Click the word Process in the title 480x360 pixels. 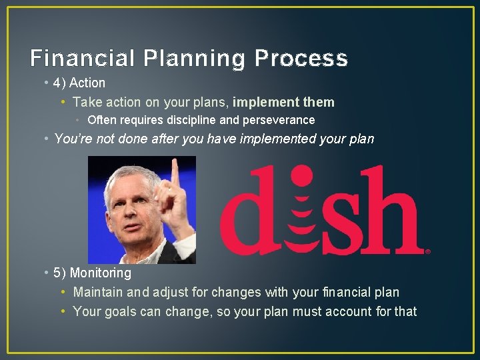pyautogui.click(x=301, y=59)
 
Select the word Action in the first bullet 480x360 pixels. pyautogui.click(x=87, y=83)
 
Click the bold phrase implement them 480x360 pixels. pyautogui.click(x=283, y=102)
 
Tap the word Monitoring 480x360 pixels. pyautogui.click(x=101, y=273)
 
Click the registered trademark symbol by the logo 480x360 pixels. pyautogui.click(x=427, y=251)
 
